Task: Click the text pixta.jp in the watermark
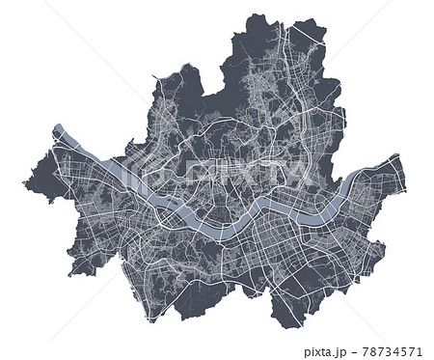coord(331,352)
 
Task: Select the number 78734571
coord(395,352)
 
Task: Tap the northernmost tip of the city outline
coord(255,15)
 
